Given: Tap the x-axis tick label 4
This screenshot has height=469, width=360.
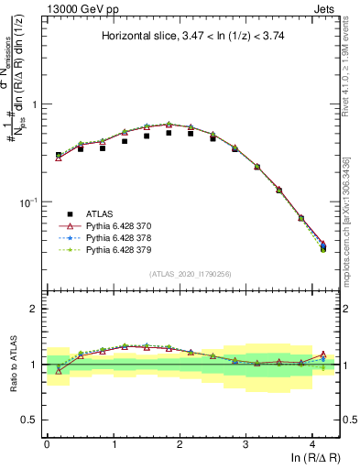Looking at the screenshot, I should coord(312,442).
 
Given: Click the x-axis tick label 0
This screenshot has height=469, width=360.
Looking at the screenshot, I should coord(47,442).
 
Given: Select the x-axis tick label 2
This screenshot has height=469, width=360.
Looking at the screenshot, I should coord(180,442).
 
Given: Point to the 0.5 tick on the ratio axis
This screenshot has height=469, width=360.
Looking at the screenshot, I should coord(35,420).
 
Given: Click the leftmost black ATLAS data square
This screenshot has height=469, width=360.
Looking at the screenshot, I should coord(59,155).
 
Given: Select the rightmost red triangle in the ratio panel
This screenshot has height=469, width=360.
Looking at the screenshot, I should coord(323,354).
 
